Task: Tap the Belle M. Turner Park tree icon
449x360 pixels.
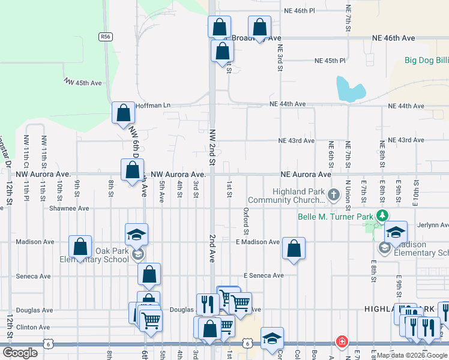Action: (x=381, y=216)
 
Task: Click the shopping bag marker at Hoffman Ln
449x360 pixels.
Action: (x=123, y=113)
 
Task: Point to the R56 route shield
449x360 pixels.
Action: (x=106, y=37)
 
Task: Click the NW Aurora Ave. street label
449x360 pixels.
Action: (x=179, y=174)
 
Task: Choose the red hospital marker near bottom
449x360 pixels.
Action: (x=342, y=342)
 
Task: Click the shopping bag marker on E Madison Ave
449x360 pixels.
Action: (x=294, y=249)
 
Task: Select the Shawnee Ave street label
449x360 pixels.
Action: (x=69, y=208)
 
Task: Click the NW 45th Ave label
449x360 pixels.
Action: (x=83, y=82)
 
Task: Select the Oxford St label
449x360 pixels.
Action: (x=246, y=221)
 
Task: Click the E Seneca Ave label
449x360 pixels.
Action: (x=263, y=275)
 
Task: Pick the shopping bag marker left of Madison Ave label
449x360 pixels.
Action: (x=80, y=247)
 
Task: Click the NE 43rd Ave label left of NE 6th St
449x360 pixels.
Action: (x=296, y=141)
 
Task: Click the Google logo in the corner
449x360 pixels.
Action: (x=20, y=353)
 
